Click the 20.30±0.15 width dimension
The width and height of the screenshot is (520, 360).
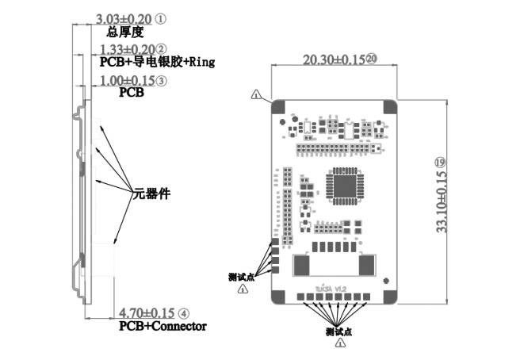tap(332, 59)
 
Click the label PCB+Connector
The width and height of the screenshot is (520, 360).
tap(162, 326)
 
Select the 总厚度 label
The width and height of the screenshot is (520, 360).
tap(124, 33)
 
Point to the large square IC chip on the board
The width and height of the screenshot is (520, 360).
tap(344, 188)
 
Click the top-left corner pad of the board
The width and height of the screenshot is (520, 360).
tap(280, 106)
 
